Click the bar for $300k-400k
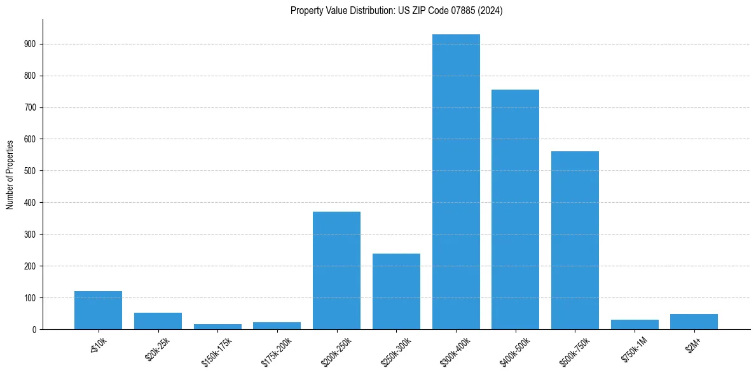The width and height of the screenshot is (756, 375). [x=456, y=182]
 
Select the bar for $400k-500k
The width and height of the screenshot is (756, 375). [x=516, y=210]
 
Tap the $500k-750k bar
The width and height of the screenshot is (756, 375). [x=575, y=240]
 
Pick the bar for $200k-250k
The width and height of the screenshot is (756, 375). [x=337, y=270]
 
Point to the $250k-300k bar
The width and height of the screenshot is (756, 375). [x=396, y=291]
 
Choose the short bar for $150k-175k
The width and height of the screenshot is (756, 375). [x=217, y=327]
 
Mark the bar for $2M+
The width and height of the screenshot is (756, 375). [x=694, y=322]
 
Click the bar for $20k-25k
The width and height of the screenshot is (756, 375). [x=158, y=321]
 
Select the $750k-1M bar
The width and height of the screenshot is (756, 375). [x=635, y=324]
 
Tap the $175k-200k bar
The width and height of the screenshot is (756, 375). [x=277, y=325]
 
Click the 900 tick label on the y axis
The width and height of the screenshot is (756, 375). [x=29, y=44]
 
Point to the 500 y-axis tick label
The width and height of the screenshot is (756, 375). [x=29, y=171]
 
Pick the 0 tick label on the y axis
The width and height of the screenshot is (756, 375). [x=33, y=329]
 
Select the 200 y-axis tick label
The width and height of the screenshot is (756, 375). [x=29, y=266]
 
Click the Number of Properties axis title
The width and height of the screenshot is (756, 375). [x=10, y=174]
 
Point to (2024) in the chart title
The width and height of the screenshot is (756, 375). [x=492, y=11]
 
